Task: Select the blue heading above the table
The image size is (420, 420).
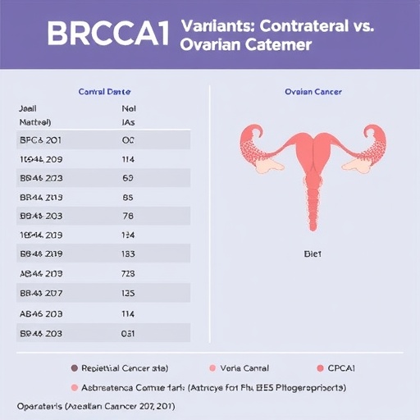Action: [104, 92]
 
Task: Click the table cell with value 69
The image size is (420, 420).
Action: [127, 177]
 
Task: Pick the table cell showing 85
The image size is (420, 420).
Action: [127, 197]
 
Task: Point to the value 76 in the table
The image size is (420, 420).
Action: [127, 217]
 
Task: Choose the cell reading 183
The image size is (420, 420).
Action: [127, 254]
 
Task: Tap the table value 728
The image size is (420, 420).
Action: [127, 273]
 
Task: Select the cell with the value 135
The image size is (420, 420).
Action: [127, 293]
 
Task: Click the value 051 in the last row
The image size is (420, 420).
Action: [127, 333]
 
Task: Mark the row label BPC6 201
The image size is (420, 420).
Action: [39, 139]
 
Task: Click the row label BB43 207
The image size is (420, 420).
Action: [40, 293]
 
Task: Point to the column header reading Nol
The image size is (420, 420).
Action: [128, 107]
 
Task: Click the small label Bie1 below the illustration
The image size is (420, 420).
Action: [313, 255]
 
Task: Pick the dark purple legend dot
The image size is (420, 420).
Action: [75, 368]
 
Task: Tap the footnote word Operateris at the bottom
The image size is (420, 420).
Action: [40, 406]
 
